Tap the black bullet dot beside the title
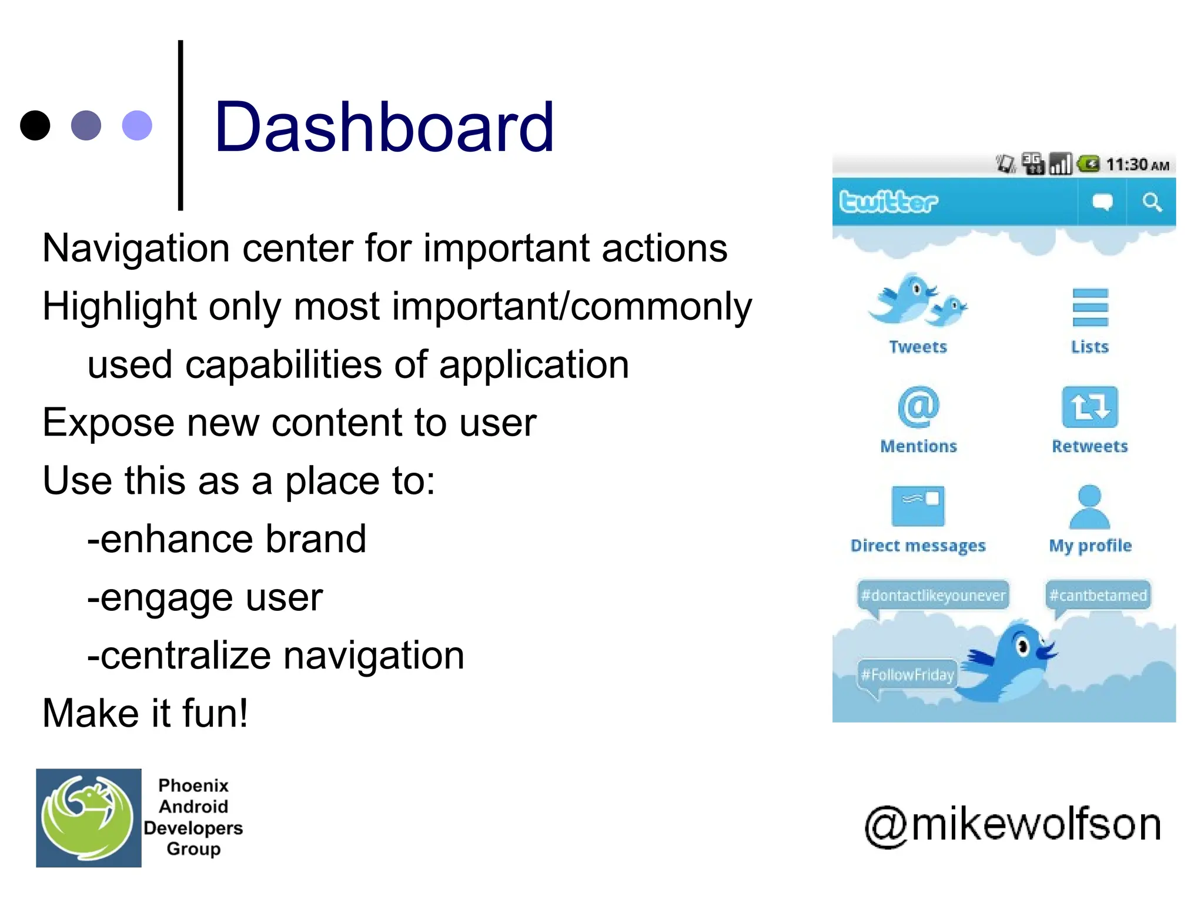[35, 125]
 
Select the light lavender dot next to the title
[137, 125]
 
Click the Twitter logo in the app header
[888, 202]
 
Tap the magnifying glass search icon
[1152, 202]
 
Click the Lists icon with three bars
[1090, 307]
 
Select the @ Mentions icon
[918, 407]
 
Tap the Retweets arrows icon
[1089, 407]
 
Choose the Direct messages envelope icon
[918, 506]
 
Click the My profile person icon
[1089, 507]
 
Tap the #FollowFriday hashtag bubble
[907, 674]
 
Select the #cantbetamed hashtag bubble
[1098, 596]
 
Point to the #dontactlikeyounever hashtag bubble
[933, 596]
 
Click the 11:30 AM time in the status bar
[1137, 165]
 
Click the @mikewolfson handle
[1012, 825]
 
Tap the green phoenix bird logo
[88, 818]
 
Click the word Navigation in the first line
[136, 248]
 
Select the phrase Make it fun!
[145, 713]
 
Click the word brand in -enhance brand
[315, 539]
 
